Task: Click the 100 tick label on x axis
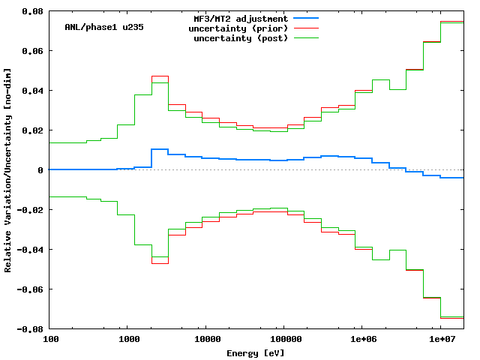coord(51,339)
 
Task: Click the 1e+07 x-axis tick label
coord(440,339)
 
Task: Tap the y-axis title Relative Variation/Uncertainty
coord(8,170)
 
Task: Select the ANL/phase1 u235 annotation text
coord(104,27)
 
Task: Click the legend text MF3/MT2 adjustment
coord(240,18)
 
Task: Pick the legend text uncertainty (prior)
coord(240,28)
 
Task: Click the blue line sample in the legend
coord(306,18)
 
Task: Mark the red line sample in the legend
coord(306,28)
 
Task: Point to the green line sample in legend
coord(306,37)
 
